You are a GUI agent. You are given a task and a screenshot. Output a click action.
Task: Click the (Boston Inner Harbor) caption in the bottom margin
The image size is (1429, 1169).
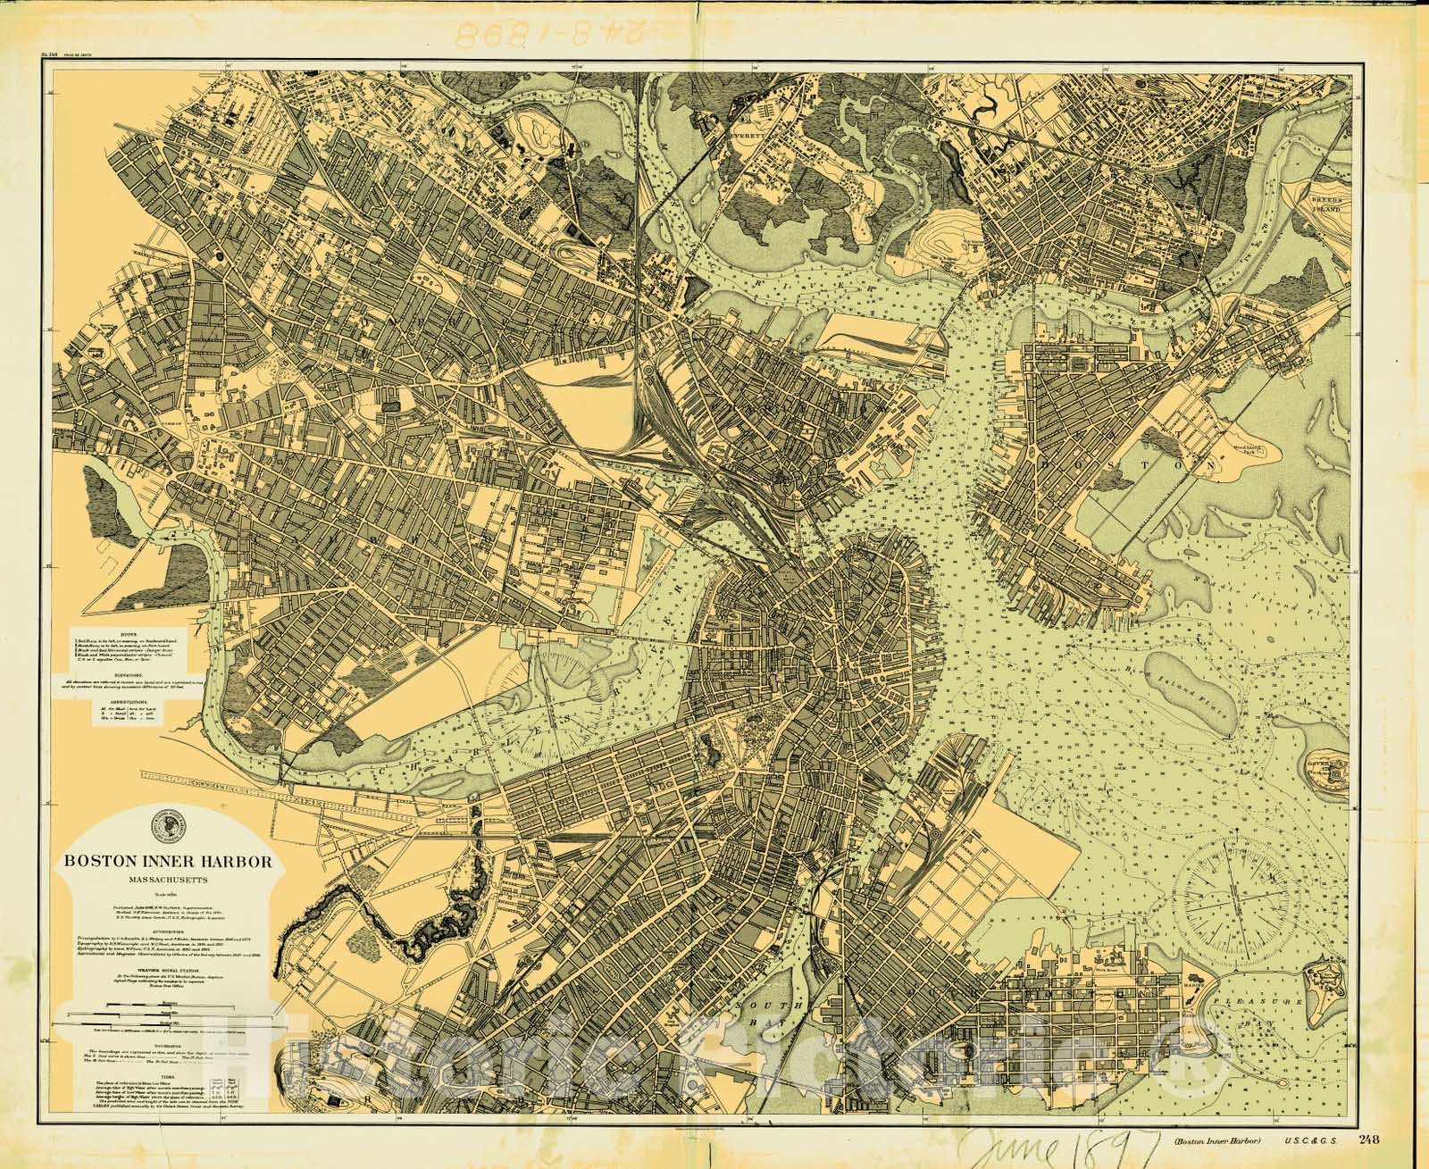click(x=1208, y=1140)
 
